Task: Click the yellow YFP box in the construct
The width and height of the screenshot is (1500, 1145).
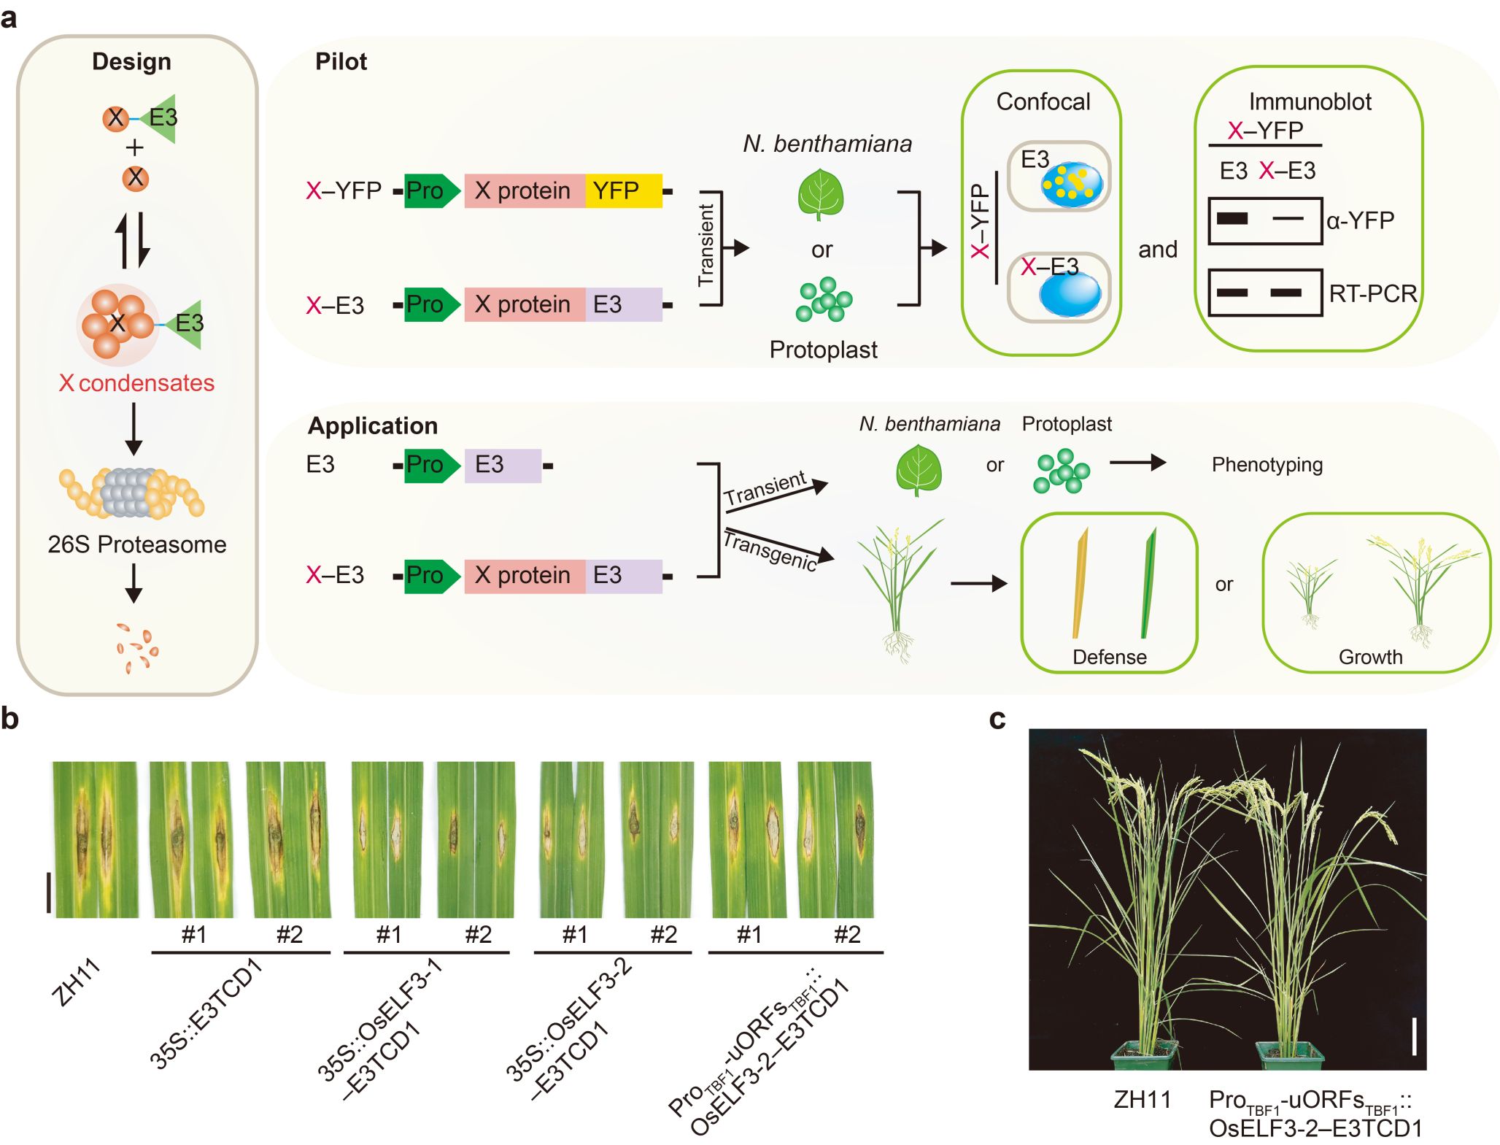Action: click(622, 191)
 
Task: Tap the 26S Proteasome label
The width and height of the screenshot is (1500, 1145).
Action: click(137, 544)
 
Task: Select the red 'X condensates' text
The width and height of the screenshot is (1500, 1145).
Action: click(137, 383)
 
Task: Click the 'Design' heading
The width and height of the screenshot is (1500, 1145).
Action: click(131, 62)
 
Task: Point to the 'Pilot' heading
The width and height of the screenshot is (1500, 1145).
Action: click(341, 62)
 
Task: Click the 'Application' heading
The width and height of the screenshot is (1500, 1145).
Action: click(373, 425)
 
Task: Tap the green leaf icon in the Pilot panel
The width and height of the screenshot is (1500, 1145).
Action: click(821, 194)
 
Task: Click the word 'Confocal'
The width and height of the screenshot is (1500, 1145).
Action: click(1043, 102)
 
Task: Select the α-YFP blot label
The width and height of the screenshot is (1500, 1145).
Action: click(1360, 220)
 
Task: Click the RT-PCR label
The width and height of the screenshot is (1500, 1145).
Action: click(1372, 293)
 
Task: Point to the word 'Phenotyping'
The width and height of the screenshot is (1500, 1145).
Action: click(1267, 465)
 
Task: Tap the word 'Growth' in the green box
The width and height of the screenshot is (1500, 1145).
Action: click(1370, 657)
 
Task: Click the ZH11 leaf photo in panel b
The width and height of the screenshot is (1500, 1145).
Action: click(95, 839)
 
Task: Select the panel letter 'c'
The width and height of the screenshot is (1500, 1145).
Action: click(997, 720)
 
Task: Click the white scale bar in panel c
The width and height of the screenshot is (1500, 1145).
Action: click(1414, 1036)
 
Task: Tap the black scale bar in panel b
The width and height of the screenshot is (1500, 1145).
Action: click(49, 891)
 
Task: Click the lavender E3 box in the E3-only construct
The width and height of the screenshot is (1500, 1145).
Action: click(503, 465)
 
